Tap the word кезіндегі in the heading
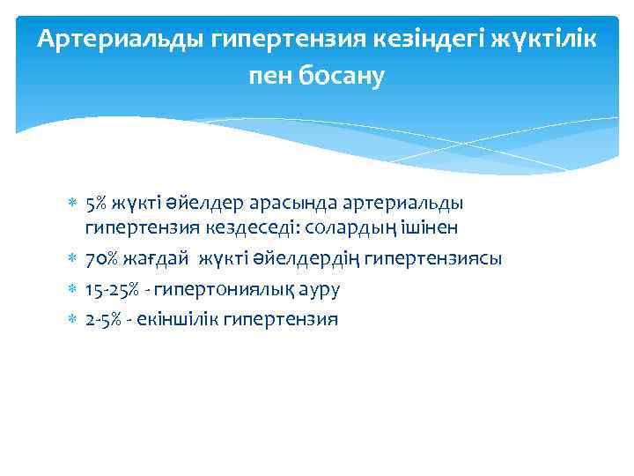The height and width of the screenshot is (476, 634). pyautogui.click(x=423, y=39)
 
